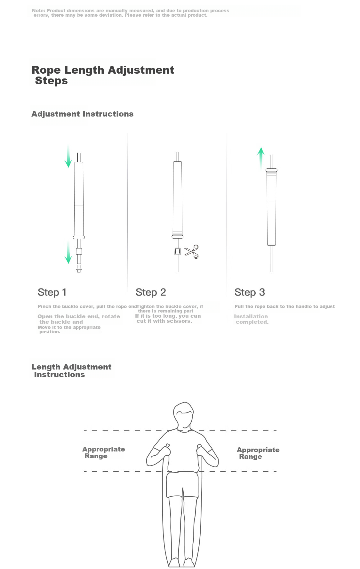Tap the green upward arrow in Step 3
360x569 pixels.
tap(261, 158)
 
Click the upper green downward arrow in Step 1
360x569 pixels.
tap(68, 156)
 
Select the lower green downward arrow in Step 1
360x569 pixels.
tap(68, 252)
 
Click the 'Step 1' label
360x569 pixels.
tap(52, 292)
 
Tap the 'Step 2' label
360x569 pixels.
tap(151, 292)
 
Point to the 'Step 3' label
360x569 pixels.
tap(250, 292)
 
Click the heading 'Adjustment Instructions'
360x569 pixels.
tap(83, 114)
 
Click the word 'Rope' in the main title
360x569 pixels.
tap(46, 70)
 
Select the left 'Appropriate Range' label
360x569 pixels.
tap(104, 452)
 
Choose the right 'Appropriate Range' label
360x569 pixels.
tap(258, 453)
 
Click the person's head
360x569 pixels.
tap(183, 415)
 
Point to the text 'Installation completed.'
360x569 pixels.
tap(251, 319)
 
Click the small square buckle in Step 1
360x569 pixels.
tap(79, 251)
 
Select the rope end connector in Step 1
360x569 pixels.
tap(79, 268)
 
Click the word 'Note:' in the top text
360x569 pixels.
tap(38, 11)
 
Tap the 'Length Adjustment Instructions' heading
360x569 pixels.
tap(71, 371)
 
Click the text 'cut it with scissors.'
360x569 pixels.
tap(164, 321)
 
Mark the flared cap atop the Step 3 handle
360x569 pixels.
tap(271, 170)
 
